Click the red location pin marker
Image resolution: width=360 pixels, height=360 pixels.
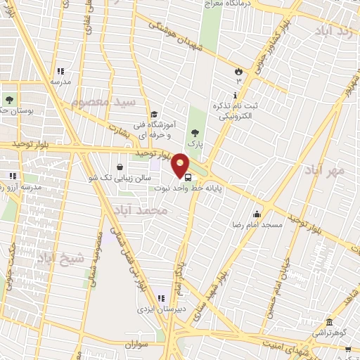pos(181,165)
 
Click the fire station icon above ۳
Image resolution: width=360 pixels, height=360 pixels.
pos(238,70)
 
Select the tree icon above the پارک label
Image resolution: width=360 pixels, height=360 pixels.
pos(195,133)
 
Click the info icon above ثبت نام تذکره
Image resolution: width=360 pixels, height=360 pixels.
pos(234,95)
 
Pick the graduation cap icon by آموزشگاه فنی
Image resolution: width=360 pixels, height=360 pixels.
pos(154,115)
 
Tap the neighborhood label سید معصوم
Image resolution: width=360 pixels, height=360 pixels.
pos(101,103)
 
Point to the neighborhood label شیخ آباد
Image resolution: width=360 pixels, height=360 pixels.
pos(60,257)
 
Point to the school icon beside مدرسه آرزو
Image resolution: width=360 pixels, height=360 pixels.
pos(13,176)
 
